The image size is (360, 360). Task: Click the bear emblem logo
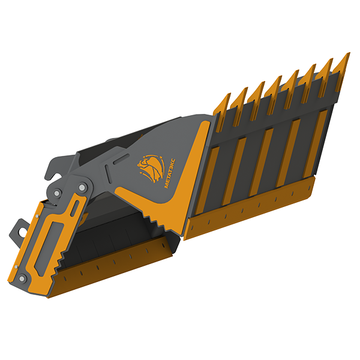[151, 168]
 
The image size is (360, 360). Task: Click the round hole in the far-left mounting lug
[23, 232]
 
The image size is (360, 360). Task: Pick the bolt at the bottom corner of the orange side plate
[22, 279]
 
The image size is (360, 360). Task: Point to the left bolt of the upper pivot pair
[58, 193]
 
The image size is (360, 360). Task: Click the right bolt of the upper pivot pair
[82, 187]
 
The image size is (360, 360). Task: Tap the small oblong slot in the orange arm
[74, 208]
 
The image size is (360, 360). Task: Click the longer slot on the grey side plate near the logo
[121, 158]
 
